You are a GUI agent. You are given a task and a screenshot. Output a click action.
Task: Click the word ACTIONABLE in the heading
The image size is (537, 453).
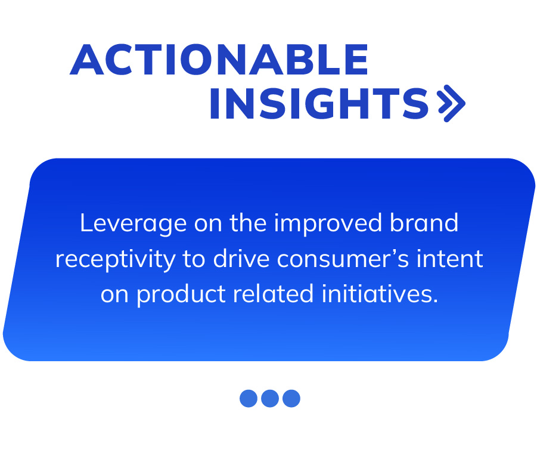219,59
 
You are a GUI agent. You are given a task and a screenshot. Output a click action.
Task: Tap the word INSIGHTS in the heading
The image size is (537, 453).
319,103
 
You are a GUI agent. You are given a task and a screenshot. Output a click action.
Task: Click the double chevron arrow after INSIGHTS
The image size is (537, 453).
452,103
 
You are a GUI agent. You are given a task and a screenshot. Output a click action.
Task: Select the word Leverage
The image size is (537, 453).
134,224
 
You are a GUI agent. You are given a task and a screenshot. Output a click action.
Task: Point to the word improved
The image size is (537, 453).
328,224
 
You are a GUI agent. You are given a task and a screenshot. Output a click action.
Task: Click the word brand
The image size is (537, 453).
424,223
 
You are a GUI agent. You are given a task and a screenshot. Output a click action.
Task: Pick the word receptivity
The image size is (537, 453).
116,260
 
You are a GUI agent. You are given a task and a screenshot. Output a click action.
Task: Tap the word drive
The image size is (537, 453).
241,259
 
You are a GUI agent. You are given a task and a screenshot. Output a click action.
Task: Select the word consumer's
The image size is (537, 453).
343,259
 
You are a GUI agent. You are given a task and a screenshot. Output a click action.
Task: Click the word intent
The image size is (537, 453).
449,259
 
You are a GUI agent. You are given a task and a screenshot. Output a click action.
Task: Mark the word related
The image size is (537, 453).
274,294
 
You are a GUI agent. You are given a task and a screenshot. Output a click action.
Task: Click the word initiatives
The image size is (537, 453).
380,294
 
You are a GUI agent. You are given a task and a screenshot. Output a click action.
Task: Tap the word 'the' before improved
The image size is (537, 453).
248,223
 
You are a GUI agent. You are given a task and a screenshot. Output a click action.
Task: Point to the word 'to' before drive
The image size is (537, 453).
194,259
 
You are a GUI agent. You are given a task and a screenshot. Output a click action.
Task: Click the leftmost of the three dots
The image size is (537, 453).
249,398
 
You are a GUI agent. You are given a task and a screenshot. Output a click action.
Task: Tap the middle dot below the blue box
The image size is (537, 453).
270,398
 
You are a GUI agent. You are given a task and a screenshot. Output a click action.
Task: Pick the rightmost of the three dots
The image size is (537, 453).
291,398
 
